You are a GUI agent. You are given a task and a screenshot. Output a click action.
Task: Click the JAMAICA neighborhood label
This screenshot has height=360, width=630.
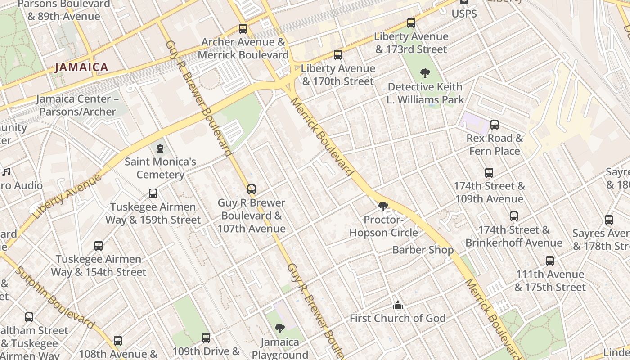pos(81,67)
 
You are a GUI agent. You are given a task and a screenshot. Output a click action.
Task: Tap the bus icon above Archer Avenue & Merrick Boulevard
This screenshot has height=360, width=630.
pos(243,29)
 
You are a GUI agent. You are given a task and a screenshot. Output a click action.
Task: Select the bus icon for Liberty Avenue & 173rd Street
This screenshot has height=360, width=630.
pos(411,23)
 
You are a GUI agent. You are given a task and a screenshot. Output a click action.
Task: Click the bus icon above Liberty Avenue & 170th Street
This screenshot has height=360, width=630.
pos(338,55)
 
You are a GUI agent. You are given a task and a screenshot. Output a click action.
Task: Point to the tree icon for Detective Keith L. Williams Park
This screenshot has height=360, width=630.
pos(425,73)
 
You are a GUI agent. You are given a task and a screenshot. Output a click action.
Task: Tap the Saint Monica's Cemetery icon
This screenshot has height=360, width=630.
pos(160,148)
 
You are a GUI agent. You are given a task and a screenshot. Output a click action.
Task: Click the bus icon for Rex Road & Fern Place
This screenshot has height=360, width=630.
pos(495,125)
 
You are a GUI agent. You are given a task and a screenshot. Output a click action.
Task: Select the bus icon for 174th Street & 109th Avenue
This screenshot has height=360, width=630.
pos(489,172)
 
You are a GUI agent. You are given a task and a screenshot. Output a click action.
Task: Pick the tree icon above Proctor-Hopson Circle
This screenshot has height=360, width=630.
pos(383,207)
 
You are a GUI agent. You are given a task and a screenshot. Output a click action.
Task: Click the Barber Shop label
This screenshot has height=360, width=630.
pos(423,250)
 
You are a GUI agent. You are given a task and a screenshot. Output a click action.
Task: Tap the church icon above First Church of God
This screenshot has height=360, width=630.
pos(397,305)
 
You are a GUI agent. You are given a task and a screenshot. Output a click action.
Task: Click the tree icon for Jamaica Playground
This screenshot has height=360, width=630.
pos(280,328)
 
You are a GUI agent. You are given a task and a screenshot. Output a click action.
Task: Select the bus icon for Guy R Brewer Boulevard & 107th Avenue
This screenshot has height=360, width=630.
pos(252,189)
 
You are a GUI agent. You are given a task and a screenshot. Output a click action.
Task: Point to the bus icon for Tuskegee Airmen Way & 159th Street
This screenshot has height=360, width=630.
pos(153,193)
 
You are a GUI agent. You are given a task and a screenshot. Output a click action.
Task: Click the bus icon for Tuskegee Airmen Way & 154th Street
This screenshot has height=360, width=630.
pos(99,246)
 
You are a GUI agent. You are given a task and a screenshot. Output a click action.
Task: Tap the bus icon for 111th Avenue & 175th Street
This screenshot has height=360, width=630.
pos(550,261)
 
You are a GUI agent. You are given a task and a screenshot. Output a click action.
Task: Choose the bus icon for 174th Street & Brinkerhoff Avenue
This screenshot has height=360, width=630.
pos(514,216)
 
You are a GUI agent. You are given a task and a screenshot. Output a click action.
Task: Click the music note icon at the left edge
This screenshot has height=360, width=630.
pos(6,172)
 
